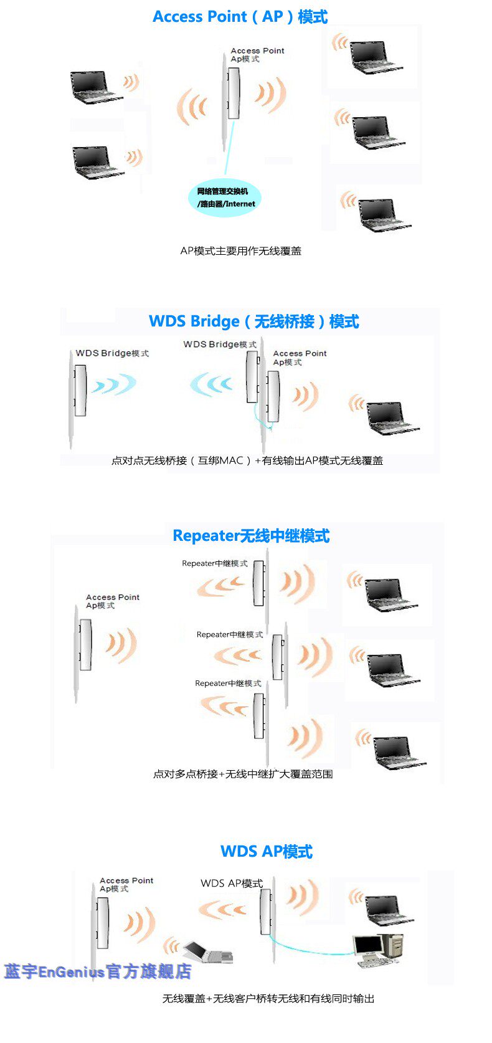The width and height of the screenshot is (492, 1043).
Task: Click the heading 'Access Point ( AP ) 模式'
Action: point(240,17)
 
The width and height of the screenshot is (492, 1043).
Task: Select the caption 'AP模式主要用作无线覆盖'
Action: point(240,251)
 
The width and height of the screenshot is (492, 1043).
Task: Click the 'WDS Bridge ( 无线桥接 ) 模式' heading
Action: point(254,321)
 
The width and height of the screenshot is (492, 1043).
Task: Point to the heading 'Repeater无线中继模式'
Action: point(251,536)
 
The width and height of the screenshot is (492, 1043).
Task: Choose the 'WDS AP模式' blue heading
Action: point(267,852)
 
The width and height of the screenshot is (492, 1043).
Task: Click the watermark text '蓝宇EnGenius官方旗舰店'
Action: point(98,971)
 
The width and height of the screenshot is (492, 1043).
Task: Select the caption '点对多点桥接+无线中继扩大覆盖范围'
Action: point(243,774)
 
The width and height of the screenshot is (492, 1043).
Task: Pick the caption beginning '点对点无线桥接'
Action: point(247,461)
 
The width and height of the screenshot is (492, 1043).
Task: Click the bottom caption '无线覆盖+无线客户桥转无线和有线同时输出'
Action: point(268,999)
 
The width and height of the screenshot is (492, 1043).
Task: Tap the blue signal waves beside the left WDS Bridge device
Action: point(113,385)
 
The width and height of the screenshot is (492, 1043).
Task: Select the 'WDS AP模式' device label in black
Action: point(232,883)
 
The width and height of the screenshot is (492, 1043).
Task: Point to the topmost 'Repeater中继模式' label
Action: point(214,563)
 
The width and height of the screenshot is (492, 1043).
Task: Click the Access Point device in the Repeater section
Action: point(85,645)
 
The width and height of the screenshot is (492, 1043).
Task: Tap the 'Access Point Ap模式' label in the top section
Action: point(257,55)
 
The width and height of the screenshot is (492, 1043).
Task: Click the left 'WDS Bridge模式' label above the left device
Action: point(112,353)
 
